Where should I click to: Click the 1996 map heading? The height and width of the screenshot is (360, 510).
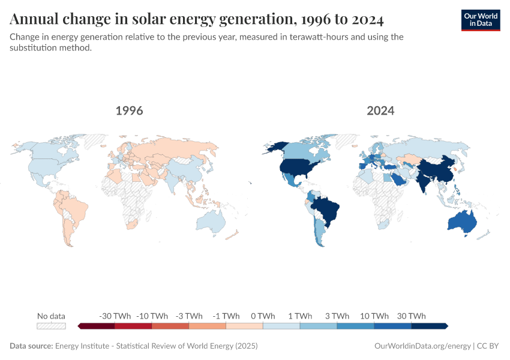pos(129,111)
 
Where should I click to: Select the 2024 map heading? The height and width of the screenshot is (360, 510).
pos(380,111)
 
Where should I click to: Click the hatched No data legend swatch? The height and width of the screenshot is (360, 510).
pos(51,326)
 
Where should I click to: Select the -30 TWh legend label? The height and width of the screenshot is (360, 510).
pos(114,316)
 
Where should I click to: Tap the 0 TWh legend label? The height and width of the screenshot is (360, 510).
pos(263,316)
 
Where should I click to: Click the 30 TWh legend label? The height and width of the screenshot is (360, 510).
pos(411,316)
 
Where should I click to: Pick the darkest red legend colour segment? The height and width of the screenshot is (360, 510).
pos(97,326)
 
